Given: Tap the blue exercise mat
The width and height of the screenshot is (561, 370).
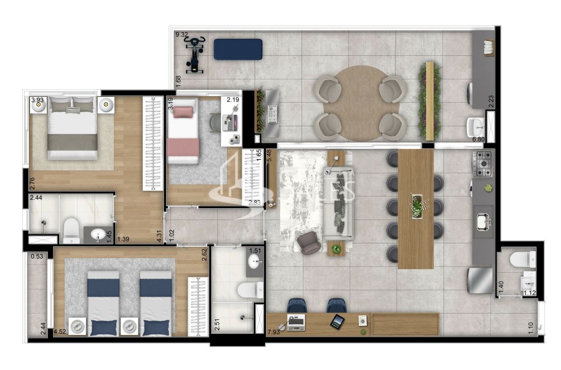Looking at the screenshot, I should tap(238, 49).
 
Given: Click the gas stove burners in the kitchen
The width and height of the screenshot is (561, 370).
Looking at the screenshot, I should tap(483, 164).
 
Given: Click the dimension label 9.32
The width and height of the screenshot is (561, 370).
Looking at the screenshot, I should tap(182, 35).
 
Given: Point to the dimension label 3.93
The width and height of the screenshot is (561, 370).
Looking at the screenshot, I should tap(37, 100).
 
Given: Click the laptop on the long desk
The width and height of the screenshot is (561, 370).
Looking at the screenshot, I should tap(295, 322).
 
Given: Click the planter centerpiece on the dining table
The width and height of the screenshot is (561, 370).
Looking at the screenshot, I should tap(416, 206).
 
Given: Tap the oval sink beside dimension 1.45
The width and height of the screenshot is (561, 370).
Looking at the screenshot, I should tap(97, 236).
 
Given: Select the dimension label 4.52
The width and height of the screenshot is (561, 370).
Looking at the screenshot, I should tap(60, 332).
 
